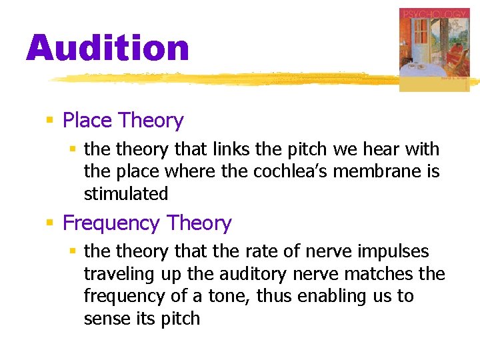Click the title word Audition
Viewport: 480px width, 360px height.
pyautogui.click(x=108, y=49)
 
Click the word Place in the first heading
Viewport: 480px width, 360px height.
pyautogui.click(x=87, y=121)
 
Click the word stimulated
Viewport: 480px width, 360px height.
pyautogui.click(x=126, y=194)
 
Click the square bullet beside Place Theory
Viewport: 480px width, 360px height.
pyautogui.click(x=49, y=121)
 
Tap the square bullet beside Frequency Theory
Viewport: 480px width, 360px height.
pyautogui.click(x=49, y=223)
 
